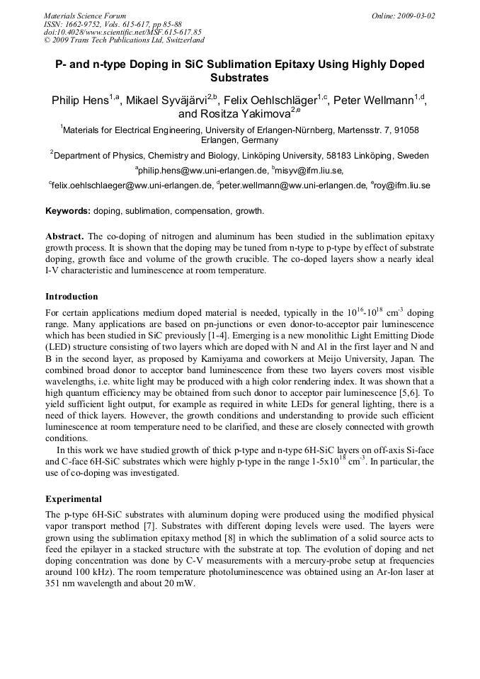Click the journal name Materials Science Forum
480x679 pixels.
85,16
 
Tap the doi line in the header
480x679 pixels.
122,32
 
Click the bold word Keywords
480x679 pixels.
68,211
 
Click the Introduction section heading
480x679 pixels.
72,297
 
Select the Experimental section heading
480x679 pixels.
74,499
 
